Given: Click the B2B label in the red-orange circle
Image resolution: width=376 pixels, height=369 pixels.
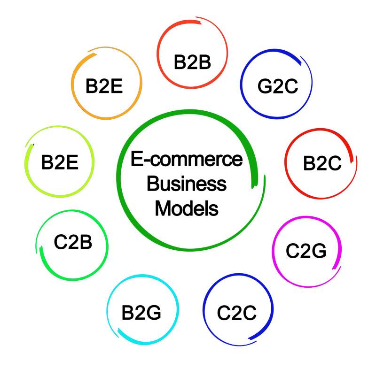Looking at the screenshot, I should pos(192,62).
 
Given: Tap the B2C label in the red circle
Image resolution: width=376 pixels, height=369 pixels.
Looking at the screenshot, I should pos(322,163).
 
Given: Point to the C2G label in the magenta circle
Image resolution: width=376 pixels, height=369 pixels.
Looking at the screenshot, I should pos(306,251).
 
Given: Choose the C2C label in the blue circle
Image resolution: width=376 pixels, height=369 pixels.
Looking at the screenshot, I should pos(237,313).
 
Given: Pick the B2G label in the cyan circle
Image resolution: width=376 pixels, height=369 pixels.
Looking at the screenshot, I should pos(141,312).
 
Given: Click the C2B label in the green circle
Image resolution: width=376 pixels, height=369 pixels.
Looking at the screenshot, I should pos(73,243).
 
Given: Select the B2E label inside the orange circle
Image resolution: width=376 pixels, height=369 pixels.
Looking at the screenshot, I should pos(104,86).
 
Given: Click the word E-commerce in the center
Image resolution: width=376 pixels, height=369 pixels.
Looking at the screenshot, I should pos(187,160).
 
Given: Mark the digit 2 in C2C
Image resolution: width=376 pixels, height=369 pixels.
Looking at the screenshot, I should pos(237,313).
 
